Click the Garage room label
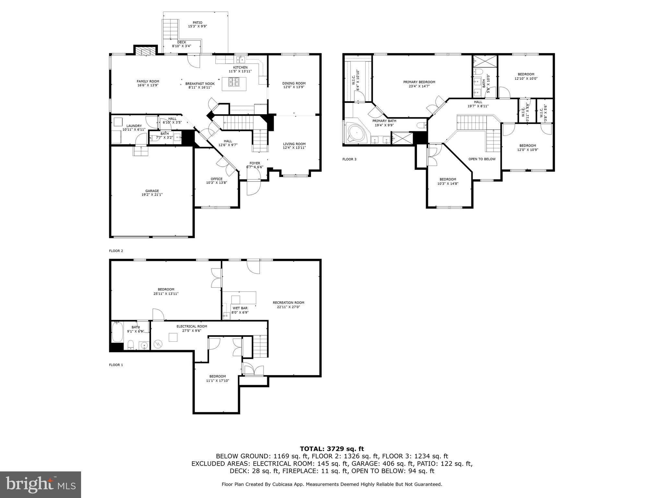click(152, 191)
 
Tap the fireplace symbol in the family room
click(143, 51)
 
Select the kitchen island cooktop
click(234, 82)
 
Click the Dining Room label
click(294, 83)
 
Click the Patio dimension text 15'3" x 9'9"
click(197, 27)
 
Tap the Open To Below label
click(482, 159)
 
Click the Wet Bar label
click(240, 308)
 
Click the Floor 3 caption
click(349, 159)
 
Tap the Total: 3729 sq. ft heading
click(332, 449)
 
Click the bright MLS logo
click(41, 484)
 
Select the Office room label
click(216, 179)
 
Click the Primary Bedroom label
click(419, 82)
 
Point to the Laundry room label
click(134, 126)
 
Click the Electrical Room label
click(192, 326)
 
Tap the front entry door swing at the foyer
click(253, 186)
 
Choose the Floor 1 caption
click(116, 365)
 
